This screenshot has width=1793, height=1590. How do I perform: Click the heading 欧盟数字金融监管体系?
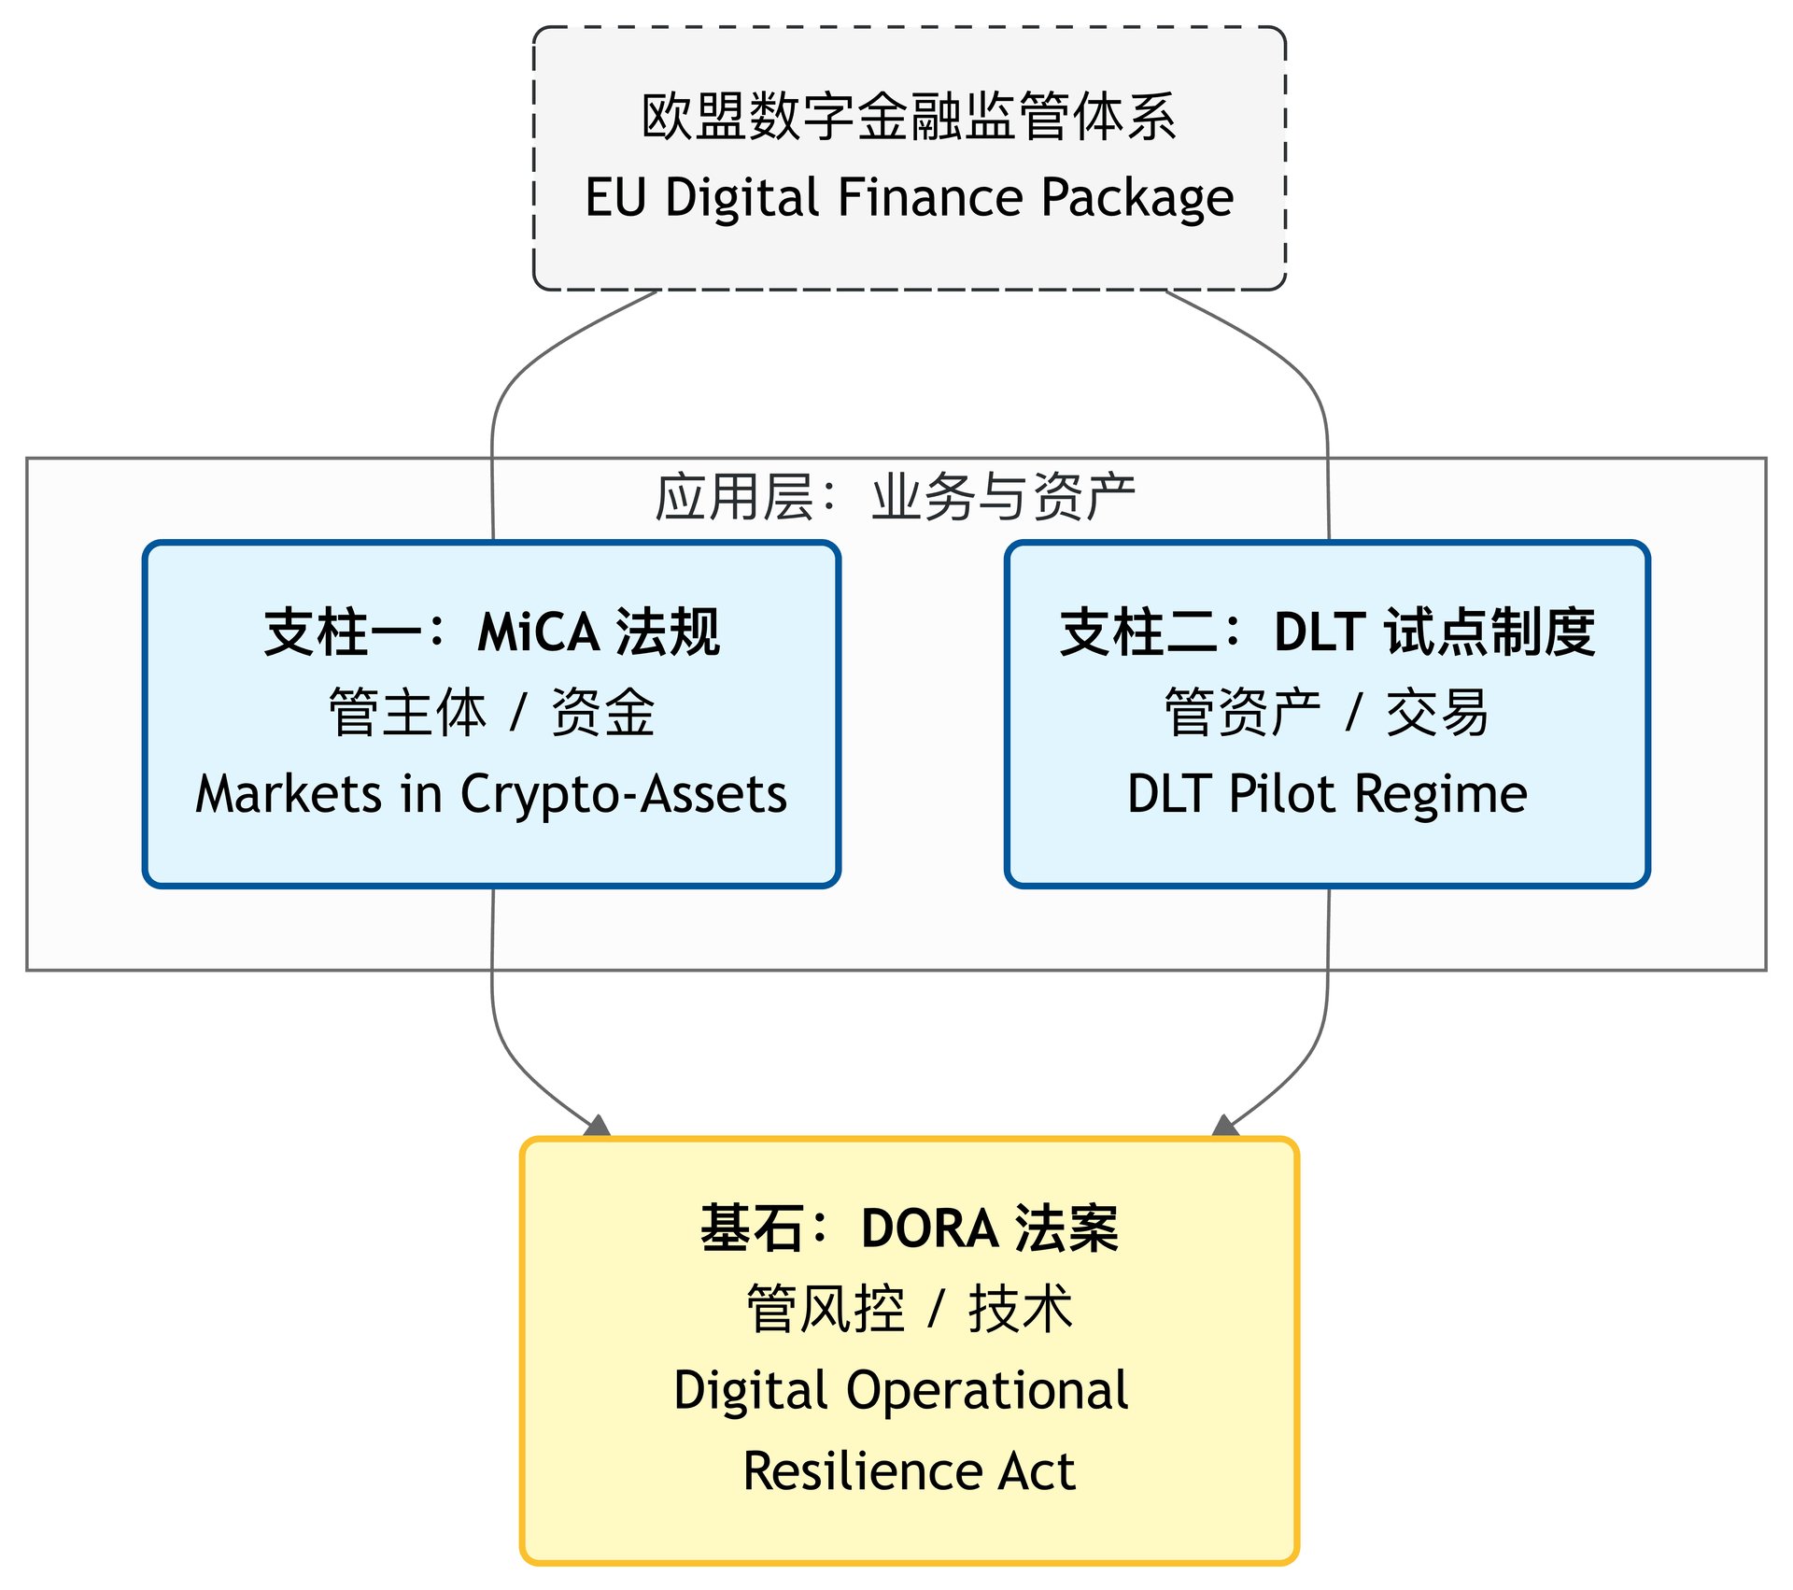pos(909,117)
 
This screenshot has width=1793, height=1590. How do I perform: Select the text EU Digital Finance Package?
pos(909,198)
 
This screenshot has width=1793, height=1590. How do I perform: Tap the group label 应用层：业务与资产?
pos(895,496)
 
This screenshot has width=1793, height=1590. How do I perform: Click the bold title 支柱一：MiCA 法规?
pos(491,632)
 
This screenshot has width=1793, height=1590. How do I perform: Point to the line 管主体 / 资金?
pos(491,713)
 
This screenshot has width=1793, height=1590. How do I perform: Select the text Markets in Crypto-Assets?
pos(491,795)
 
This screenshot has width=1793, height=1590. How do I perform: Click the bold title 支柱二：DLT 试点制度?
pos(1327,632)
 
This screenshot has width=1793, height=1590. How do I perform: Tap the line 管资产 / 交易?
pos(1327,713)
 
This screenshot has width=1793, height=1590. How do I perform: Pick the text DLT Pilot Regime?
pos(1327,795)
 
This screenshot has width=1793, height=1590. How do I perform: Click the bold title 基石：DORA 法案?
pos(909,1228)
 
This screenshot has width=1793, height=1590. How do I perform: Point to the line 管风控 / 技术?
pos(909,1309)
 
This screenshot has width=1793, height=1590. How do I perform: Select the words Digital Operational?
pos(901,1391)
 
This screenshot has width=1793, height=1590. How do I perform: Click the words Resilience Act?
pos(909,1471)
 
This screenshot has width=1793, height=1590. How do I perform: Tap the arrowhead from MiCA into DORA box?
pos(598,1126)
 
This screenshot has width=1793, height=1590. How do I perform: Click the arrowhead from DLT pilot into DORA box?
pos(1224,1126)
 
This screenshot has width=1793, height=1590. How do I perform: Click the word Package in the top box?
pos(1137,198)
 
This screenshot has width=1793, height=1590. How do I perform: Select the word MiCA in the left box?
pos(539,632)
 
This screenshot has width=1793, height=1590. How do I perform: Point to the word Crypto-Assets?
pos(624,795)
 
